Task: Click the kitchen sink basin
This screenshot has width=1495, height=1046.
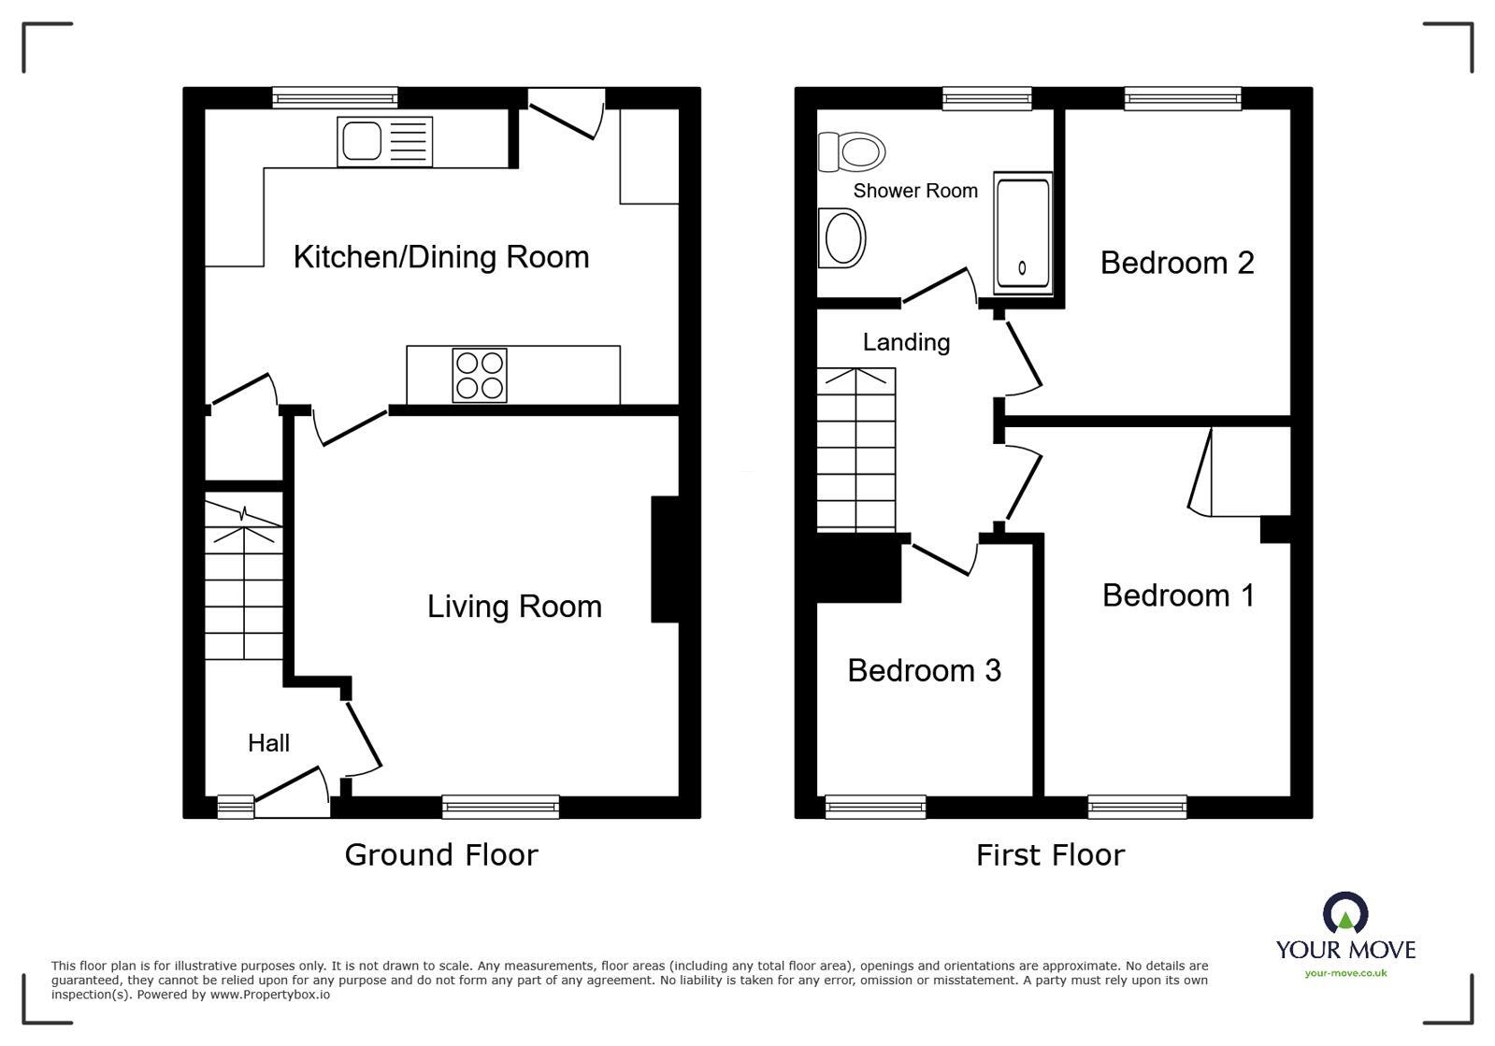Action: coord(361,142)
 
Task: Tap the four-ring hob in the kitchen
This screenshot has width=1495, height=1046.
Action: coord(480,375)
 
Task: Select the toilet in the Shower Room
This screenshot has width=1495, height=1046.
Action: coord(852,151)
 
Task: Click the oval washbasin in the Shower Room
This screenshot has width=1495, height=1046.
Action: coord(841,237)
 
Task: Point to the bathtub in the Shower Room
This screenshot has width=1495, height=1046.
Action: coord(1022,233)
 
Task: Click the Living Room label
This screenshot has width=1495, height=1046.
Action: coord(514,607)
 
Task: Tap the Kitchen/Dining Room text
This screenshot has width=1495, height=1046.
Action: coord(441,257)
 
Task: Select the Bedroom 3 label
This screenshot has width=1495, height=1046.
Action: coord(924,670)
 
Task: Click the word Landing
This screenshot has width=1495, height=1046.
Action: coord(906,342)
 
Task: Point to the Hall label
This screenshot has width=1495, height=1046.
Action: coord(268,743)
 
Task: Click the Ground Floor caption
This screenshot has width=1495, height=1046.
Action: coord(441,854)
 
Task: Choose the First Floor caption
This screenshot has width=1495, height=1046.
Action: coord(1050,854)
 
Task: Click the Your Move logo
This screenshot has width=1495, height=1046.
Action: coord(1345,935)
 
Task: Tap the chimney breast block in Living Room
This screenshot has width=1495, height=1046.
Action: coord(665,559)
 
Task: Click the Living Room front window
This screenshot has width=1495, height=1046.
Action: coord(500,806)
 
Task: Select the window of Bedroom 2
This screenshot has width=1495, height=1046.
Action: coord(1183,98)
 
